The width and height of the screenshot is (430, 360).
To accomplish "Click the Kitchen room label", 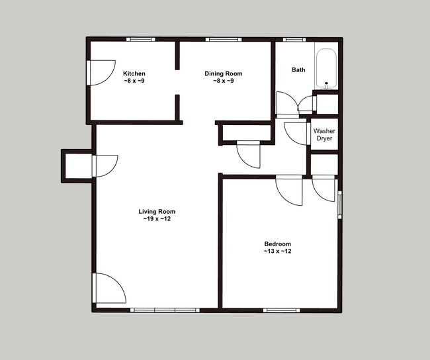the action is pyautogui.click(x=134, y=77).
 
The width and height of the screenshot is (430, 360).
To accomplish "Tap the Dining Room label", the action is pyautogui.click(x=224, y=77).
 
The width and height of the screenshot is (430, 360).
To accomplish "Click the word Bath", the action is pyautogui.click(x=298, y=70).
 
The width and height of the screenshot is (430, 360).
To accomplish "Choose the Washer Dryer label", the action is pyautogui.click(x=324, y=134).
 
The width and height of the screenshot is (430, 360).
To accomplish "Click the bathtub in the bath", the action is pyautogui.click(x=326, y=69).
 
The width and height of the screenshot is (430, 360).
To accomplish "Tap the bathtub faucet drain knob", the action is pyautogui.click(x=326, y=83).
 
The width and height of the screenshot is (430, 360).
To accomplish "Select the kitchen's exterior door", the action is pyautogui.click(x=101, y=73).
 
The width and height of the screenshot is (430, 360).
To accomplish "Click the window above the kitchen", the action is pyautogui.click(x=141, y=39).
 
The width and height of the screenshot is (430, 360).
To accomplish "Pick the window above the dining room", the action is pyautogui.click(x=224, y=39).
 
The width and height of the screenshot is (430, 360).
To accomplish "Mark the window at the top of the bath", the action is pyautogui.click(x=294, y=40).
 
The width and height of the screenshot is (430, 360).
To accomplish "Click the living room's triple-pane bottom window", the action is pyautogui.click(x=165, y=310).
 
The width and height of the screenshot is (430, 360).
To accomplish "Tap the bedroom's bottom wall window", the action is pyautogui.click(x=281, y=310).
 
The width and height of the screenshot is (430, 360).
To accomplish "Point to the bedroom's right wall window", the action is pyautogui.click(x=340, y=204).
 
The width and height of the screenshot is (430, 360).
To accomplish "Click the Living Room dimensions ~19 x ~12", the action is pyautogui.click(x=157, y=219).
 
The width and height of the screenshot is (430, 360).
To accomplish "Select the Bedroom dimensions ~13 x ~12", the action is pyautogui.click(x=278, y=251).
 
